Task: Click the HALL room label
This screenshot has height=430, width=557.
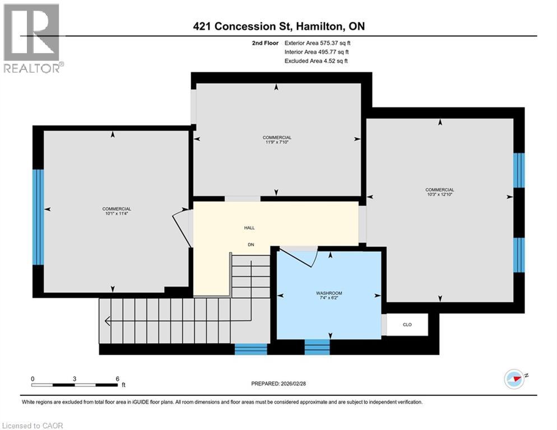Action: [x=249, y=228]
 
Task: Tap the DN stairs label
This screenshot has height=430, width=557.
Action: [x=251, y=245]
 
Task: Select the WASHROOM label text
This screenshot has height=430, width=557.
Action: [x=329, y=293]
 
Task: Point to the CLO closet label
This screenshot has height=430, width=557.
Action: [x=407, y=325]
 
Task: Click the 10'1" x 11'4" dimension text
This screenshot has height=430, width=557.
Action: [x=117, y=213]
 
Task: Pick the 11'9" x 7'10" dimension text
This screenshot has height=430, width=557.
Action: [x=277, y=142]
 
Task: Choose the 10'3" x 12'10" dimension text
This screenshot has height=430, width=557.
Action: [x=439, y=194]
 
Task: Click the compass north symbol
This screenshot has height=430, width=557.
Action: [x=515, y=379]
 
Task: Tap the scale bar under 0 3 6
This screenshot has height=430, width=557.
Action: [x=75, y=385]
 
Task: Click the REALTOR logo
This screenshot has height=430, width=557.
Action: [x=32, y=38]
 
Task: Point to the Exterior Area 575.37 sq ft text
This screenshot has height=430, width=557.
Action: [x=317, y=43]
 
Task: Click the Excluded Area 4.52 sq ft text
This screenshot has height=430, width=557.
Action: [x=316, y=60]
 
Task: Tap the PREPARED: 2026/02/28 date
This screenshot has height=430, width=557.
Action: [x=278, y=384]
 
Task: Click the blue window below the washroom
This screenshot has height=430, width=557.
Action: [x=317, y=347]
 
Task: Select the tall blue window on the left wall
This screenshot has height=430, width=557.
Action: [x=38, y=217]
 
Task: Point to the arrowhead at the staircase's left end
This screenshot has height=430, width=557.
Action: [x=107, y=321]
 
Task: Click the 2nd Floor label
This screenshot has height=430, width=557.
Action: [x=265, y=43]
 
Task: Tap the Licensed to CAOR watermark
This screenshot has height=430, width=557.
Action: [x=33, y=426]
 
